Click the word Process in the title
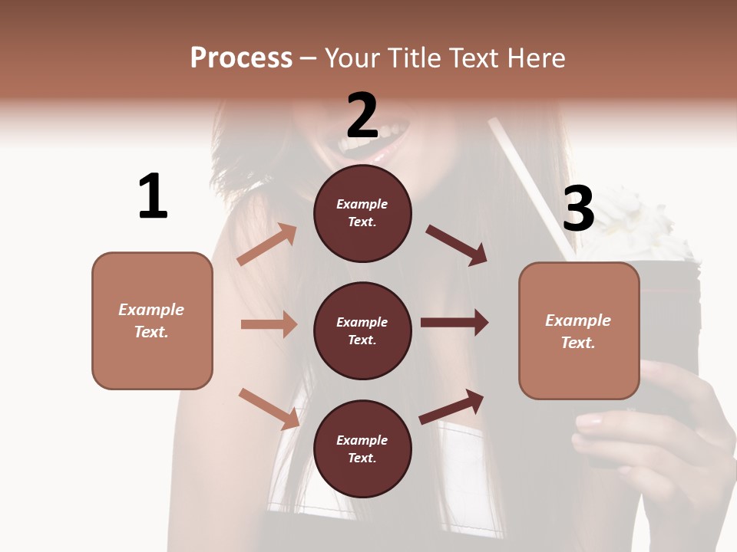click(x=241, y=58)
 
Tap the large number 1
click(x=152, y=196)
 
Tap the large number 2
click(x=362, y=115)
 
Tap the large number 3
click(x=578, y=209)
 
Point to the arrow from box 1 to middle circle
click(x=269, y=324)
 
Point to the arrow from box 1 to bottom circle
click(x=269, y=408)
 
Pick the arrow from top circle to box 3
click(x=456, y=245)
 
